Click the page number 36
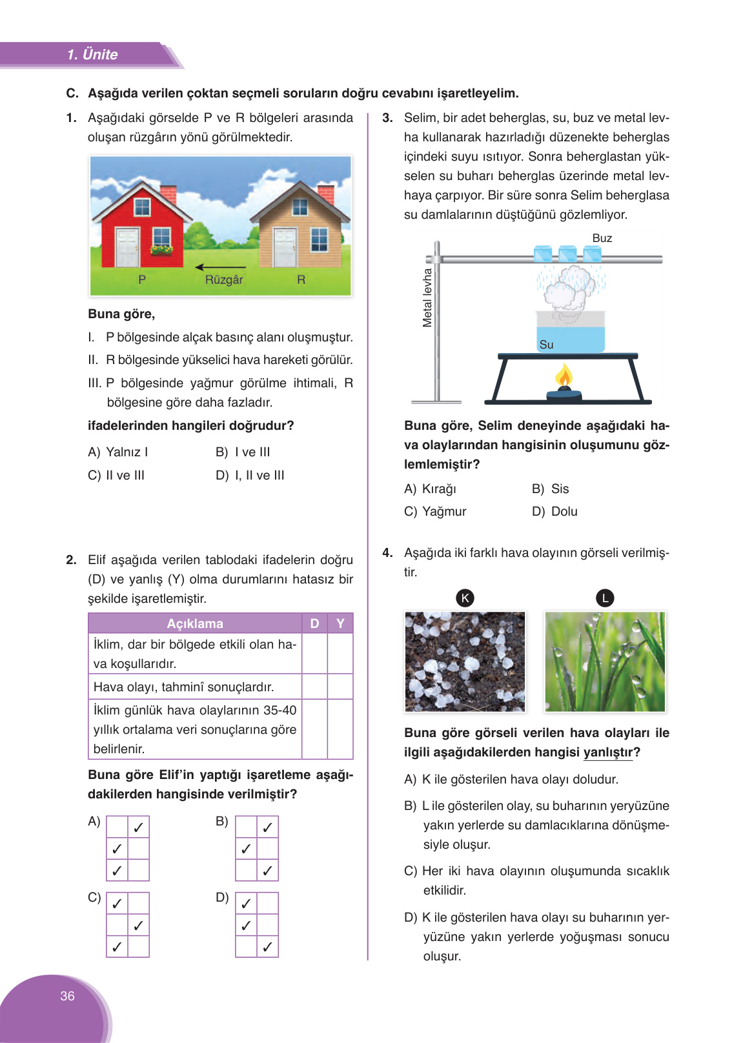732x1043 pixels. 67,996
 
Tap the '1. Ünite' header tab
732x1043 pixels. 92,55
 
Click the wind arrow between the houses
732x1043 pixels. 220,267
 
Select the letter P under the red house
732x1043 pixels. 142,279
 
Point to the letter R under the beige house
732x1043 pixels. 301,279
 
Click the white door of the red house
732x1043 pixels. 127,247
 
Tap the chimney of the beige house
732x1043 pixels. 326,193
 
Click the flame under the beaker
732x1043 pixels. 564,376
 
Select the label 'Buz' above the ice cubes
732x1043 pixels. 602,238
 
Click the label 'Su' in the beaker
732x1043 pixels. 546,345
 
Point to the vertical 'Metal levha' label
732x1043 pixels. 427,298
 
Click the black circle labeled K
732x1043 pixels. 465,598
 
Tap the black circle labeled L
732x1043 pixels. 605,598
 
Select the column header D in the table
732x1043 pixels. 314,623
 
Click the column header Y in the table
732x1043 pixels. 340,623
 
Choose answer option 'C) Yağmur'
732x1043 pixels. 435,511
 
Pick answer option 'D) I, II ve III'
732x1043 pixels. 250,475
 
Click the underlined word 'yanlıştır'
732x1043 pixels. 607,753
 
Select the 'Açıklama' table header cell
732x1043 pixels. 195,623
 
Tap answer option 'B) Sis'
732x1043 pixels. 551,489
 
